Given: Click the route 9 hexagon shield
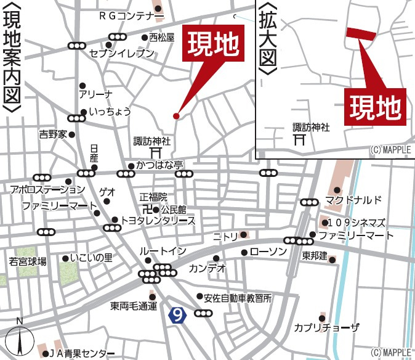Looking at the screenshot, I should point(177,316).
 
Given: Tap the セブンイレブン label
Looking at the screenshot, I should point(121,54).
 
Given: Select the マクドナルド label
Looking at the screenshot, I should point(354,200).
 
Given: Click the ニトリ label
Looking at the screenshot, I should point(225,235).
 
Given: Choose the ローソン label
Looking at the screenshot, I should point(269,252).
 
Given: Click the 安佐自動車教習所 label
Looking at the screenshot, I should point(239,297).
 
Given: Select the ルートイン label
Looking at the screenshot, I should point(163,252).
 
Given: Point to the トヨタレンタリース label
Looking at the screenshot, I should point(158,220).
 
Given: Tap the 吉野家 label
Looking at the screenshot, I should point(52,134).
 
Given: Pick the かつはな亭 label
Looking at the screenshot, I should point(160,166).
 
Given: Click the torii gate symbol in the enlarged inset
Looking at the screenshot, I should point(300,140).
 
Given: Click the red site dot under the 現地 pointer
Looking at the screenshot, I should point(176,116).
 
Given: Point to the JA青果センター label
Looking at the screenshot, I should point(81,353).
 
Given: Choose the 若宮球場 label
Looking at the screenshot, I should point(27,262).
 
